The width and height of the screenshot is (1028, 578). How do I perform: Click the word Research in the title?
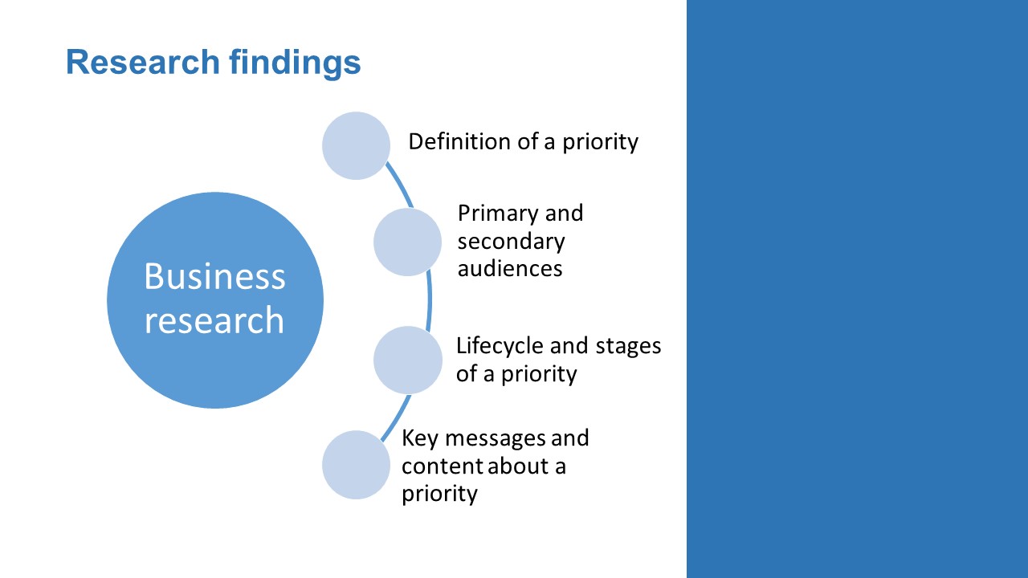pos(143,62)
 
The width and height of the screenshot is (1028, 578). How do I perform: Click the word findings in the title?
pos(295,63)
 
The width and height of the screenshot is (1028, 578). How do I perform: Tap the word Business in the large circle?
pos(214,276)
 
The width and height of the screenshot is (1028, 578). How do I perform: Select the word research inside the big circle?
pos(214,320)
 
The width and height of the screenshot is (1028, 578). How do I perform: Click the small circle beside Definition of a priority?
pos(356,145)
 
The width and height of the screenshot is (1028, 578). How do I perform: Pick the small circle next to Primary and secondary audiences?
pos(407,242)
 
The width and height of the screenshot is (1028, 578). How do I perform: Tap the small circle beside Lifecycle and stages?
pos(407,360)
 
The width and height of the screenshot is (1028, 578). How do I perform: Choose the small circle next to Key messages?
pos(356,465)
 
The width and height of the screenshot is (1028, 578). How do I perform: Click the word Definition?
pos(459,141)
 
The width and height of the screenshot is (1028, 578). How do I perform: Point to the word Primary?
pos(491,214)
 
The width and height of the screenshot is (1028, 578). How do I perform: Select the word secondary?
pos(512,242)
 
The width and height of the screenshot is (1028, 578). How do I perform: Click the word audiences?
pos(510,268)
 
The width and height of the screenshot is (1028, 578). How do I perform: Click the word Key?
pos(420,439)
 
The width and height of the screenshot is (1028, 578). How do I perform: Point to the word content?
pos(442,466)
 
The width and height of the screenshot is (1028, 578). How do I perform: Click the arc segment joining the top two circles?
pos(400,185)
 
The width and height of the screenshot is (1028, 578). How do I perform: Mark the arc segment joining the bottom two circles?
pos(398,418)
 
